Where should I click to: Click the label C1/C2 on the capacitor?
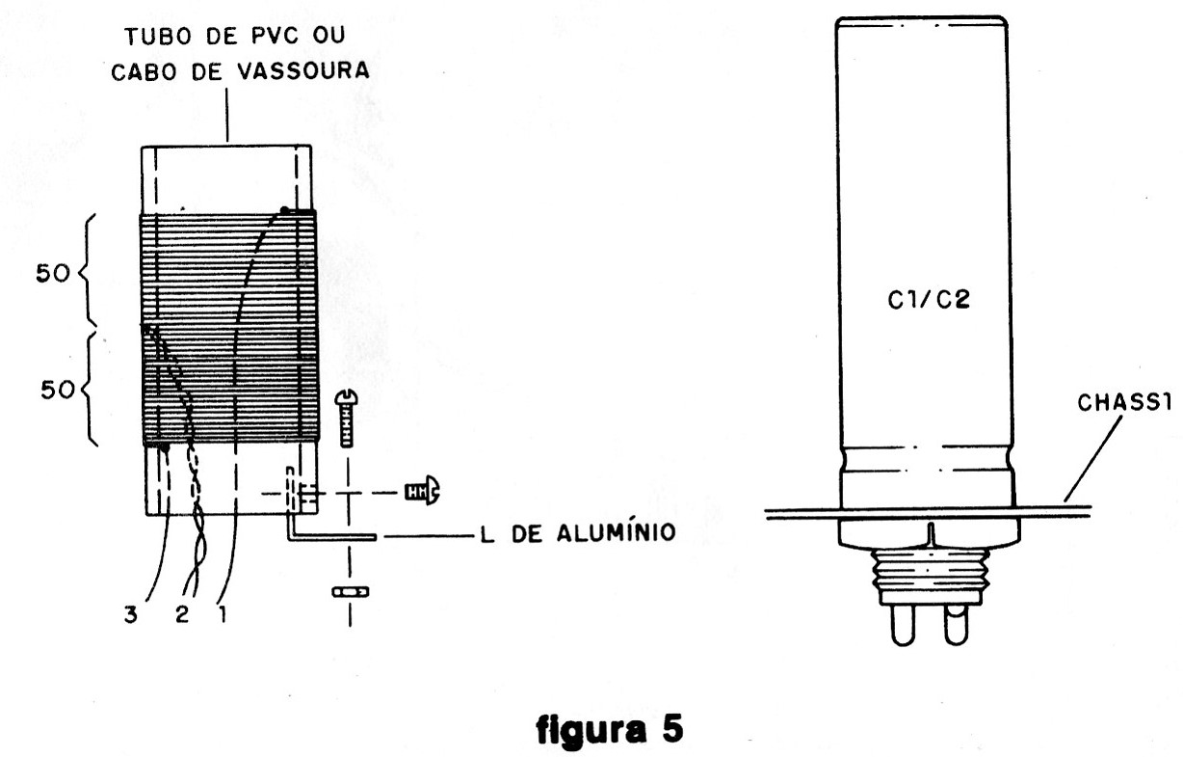click(929, 302)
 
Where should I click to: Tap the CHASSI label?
click(1133, 406)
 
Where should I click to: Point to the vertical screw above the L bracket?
click(349, 418)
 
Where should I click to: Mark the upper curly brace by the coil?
click(94, 272)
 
